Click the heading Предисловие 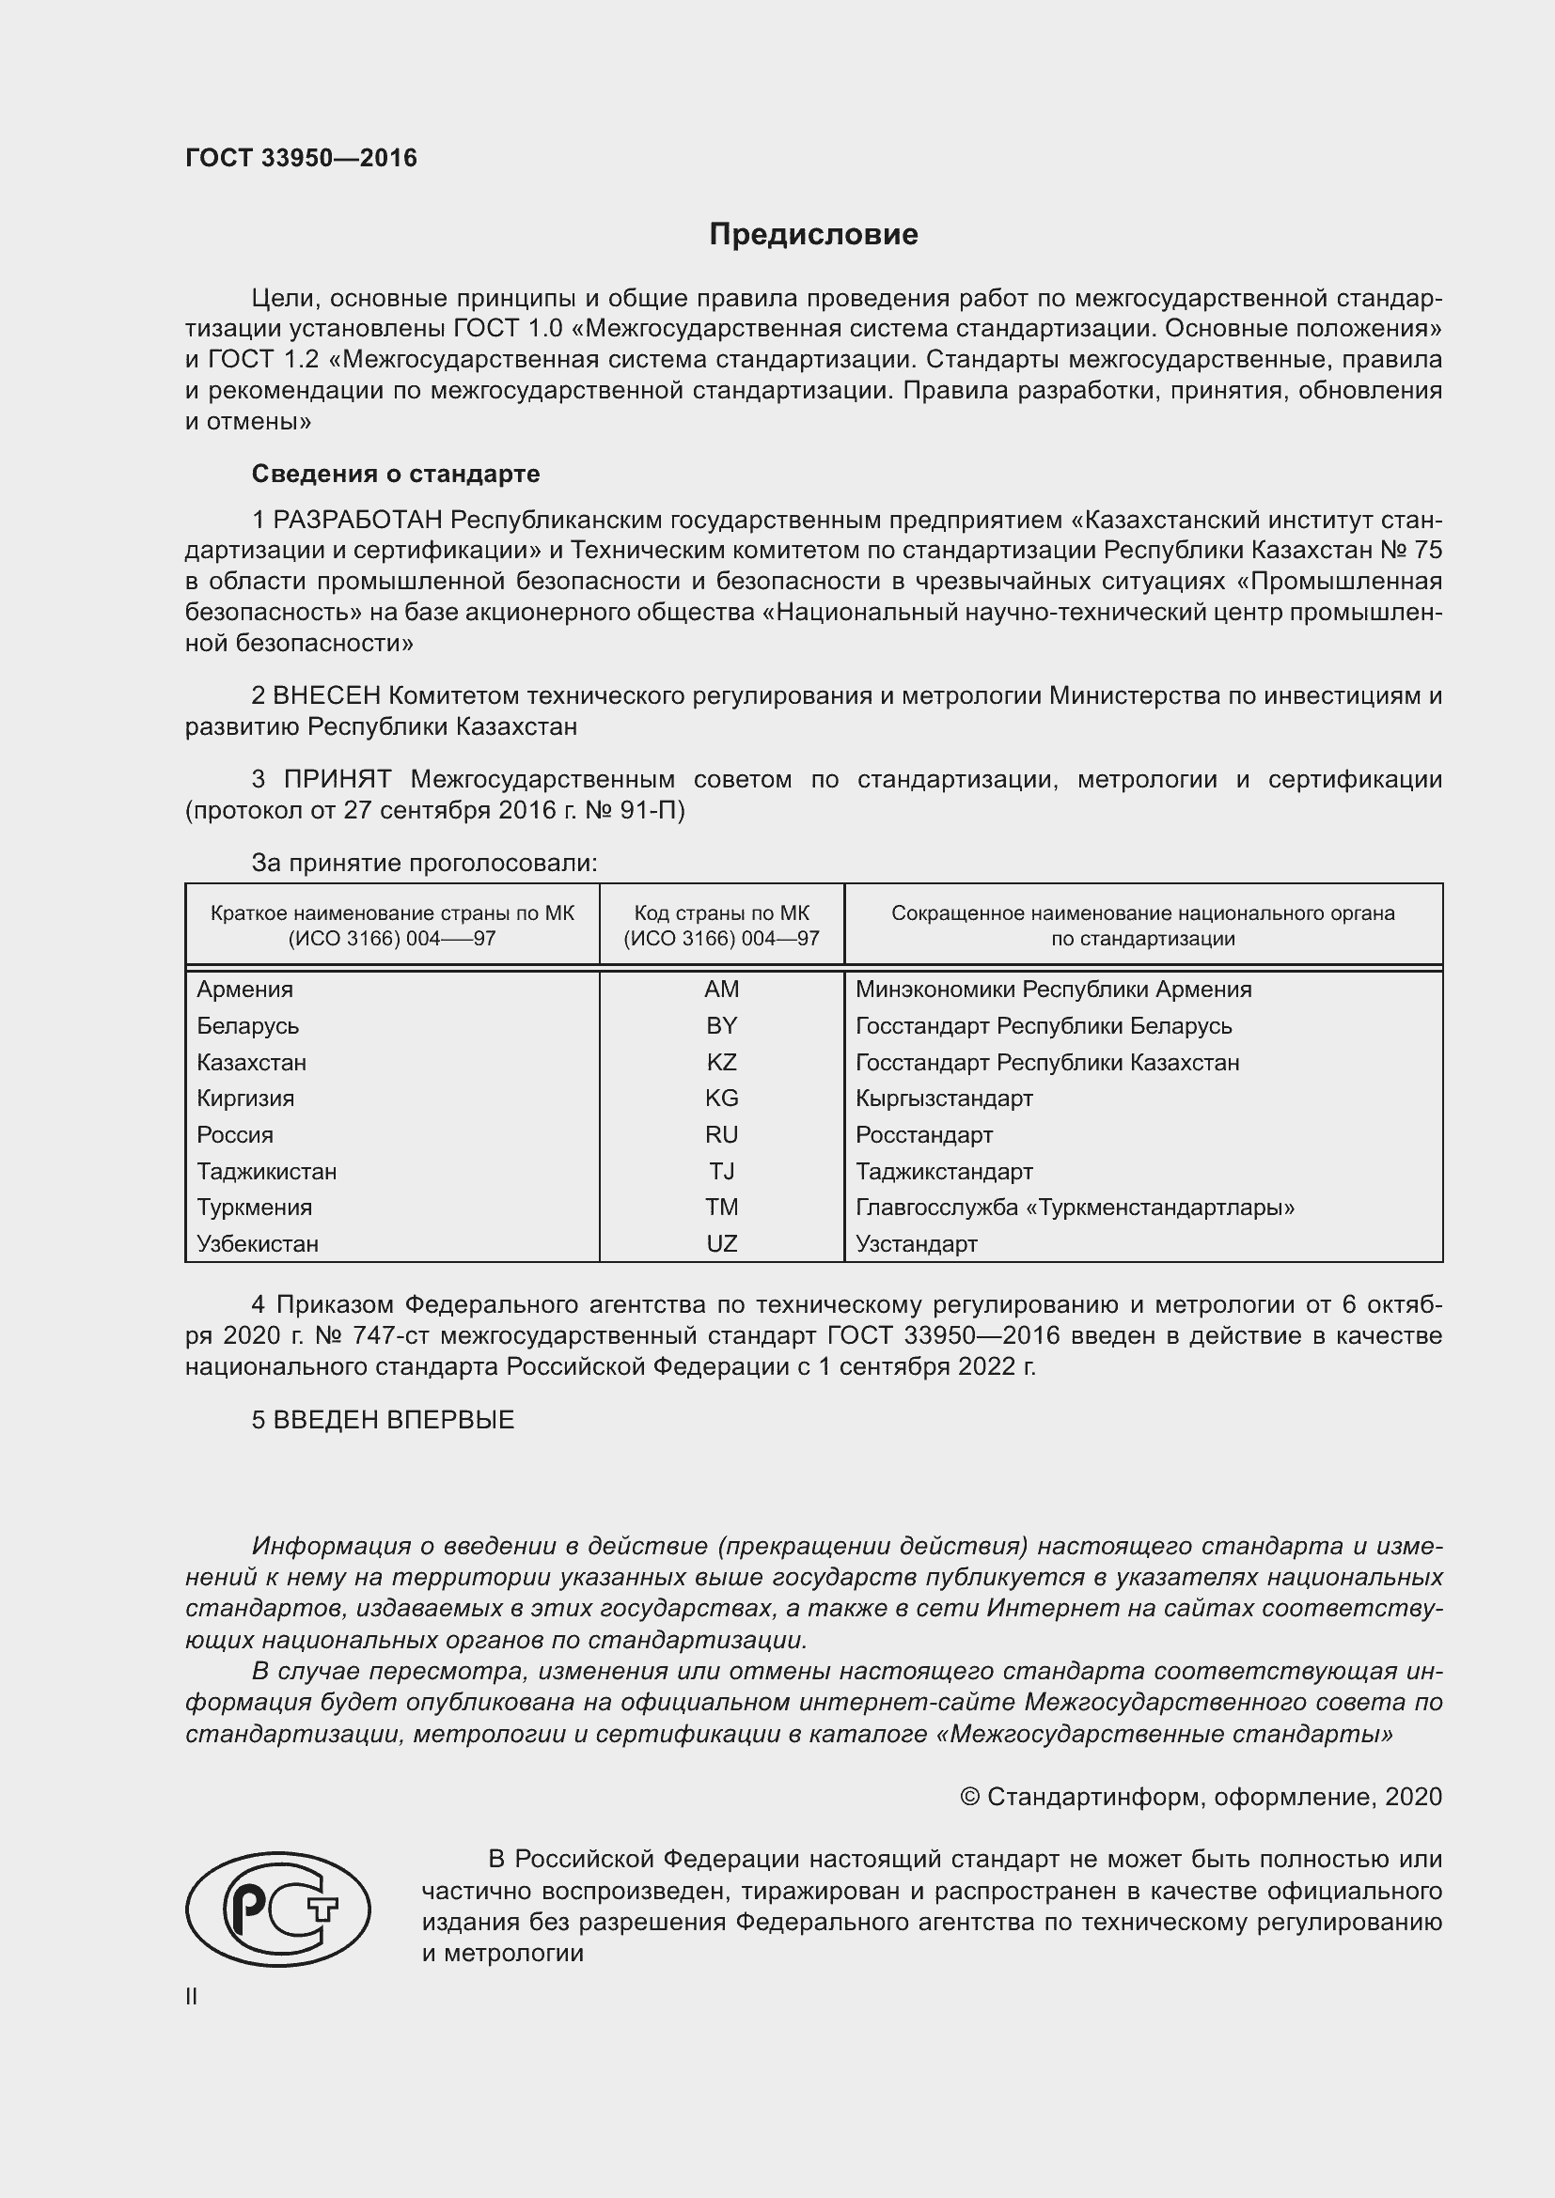point(813,235)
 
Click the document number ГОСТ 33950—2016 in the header point(301,158)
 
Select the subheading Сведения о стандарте point(396,474)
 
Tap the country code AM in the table point(721,989)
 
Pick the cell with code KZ point(721,1062)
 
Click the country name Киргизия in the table point(245,1098)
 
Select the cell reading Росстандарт point(923,1134)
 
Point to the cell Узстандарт point(916,1243)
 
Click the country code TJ point(721,1171)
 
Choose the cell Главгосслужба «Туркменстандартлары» point(1075,1208)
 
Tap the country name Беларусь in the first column point(248,1025)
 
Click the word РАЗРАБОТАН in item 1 point(357,520)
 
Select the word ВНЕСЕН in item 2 point(326,696)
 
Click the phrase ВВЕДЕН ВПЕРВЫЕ point(394,1420)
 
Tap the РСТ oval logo point(277,1909)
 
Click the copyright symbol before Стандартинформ point(969,1797)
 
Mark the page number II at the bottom point(192,1996)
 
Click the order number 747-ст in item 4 point(394,1335)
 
